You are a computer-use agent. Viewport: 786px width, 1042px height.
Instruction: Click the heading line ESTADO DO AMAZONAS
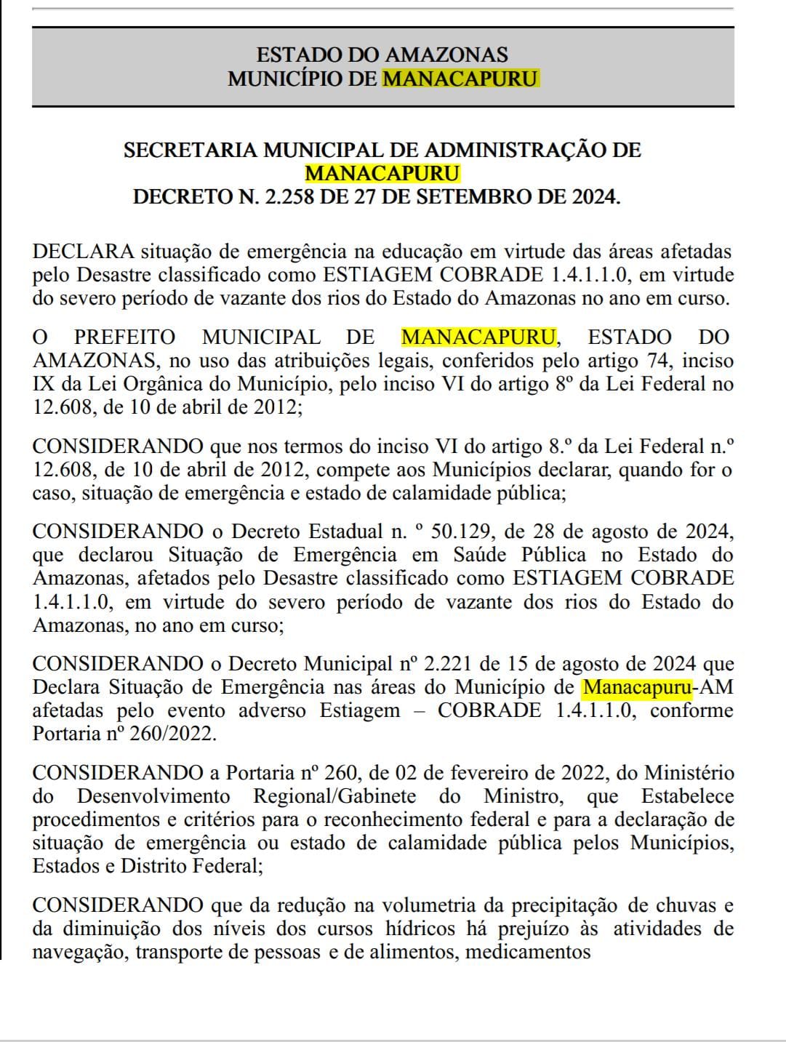pos(382,55)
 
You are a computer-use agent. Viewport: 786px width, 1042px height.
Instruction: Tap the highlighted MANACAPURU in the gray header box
pos(460,79)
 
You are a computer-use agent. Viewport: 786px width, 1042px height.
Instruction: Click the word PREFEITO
pos(124,337)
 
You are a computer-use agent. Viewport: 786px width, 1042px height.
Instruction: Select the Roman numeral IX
pos(44,384)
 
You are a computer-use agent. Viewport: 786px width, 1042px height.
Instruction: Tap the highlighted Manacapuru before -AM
pos(637,687)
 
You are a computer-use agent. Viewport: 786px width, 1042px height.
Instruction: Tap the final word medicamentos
pos(528,952)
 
